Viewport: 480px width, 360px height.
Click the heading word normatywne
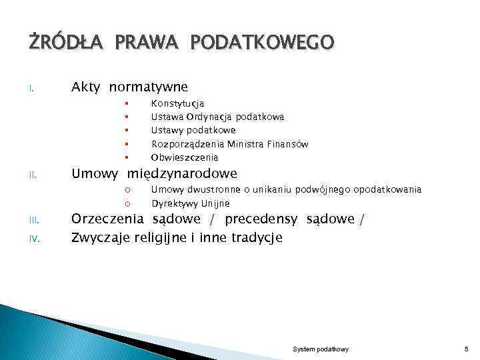pos(149,87)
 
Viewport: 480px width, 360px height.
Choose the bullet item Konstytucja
pos(178,103)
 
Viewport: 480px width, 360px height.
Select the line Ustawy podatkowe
pos(193,131)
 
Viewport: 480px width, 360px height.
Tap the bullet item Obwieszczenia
pos(185,158)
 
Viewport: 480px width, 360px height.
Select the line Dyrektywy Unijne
pos(191,203)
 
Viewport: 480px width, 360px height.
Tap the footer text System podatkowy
pos(321,349)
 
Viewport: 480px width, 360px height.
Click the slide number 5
pos(466,349)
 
